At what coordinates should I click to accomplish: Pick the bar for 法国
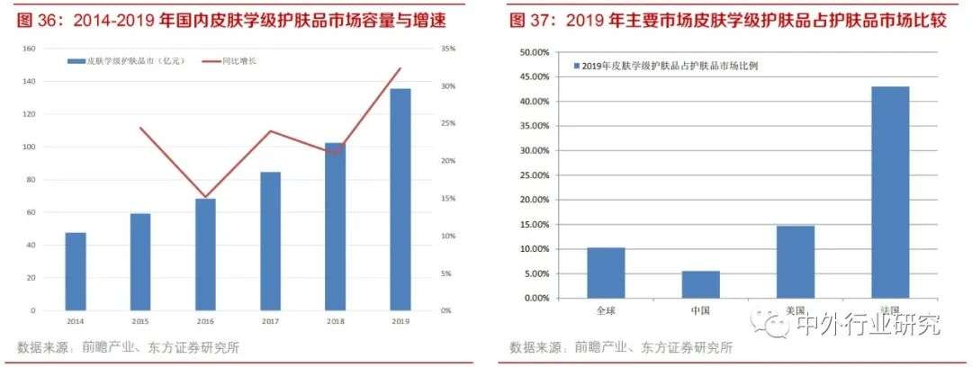[890, 192]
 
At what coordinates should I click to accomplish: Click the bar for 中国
[701, 284]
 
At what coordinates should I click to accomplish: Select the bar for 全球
[606, 273]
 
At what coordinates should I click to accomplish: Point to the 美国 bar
[796, 262]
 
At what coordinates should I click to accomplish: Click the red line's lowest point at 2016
[205, 197]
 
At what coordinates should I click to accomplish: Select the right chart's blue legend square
[577, 66]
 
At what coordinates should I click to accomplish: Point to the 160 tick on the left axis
[28, 49]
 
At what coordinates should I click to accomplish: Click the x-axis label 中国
[700, 311]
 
